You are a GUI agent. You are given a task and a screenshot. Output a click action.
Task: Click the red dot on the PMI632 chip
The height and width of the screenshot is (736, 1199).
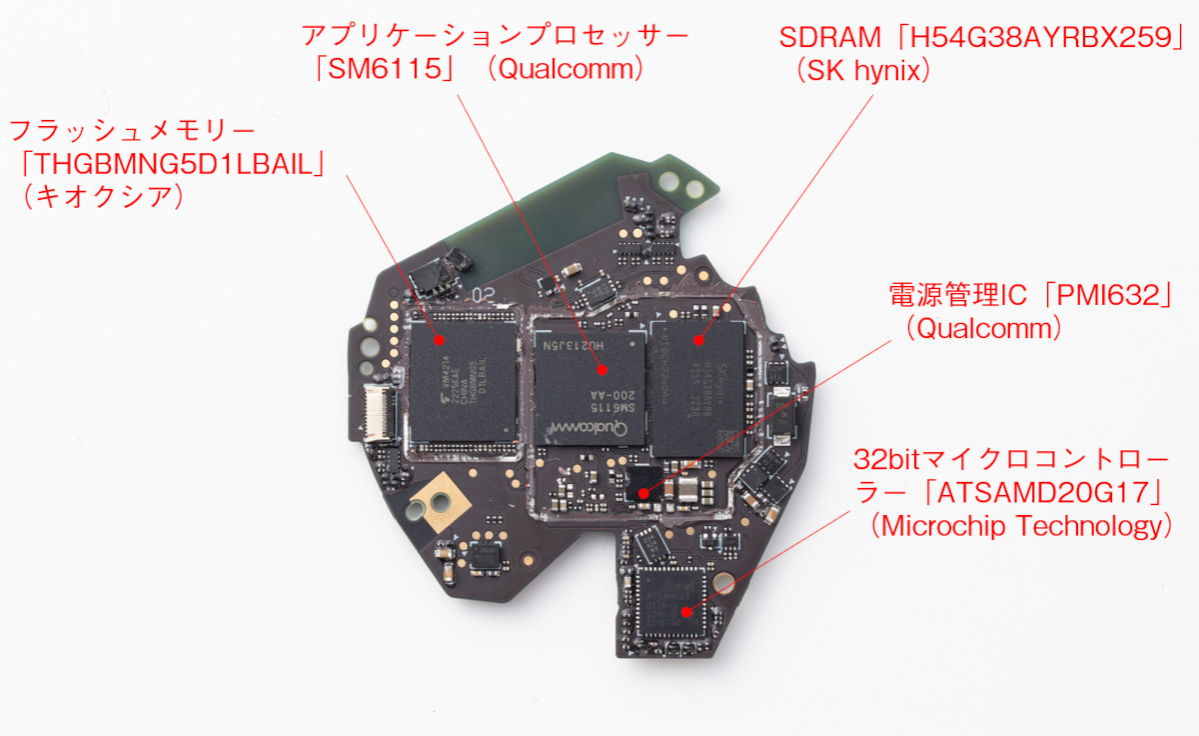[x=644, y=493]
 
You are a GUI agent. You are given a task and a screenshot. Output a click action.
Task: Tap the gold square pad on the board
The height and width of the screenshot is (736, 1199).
[x=440, y=494]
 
